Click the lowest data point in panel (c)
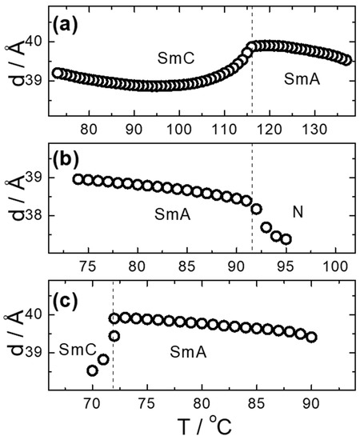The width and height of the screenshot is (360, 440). [x=93, y=370]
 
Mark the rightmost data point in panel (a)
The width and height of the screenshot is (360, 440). [x=346, y=59]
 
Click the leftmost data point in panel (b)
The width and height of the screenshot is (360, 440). [x=78, y=179]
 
